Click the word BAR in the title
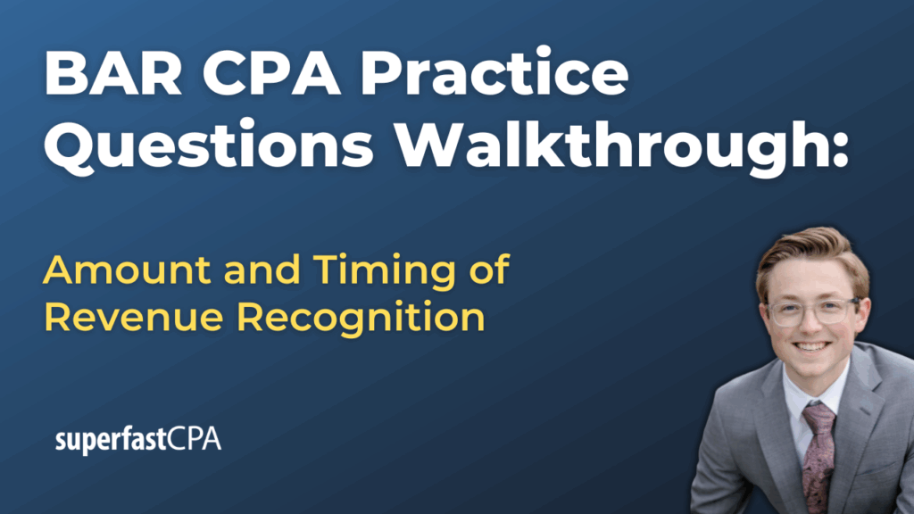(x=113, y=73)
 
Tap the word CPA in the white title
(x=271, y=73)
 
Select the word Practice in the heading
(x=494, y=73)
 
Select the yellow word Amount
(x=127, y=269)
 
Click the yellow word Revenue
(x=134, y=317)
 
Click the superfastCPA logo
(x=138, y=439)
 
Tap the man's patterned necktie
(x=818, y=454)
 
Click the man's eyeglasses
(x=813, y=311)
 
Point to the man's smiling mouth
(x=810, y=347)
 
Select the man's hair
(x=812, y=257)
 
